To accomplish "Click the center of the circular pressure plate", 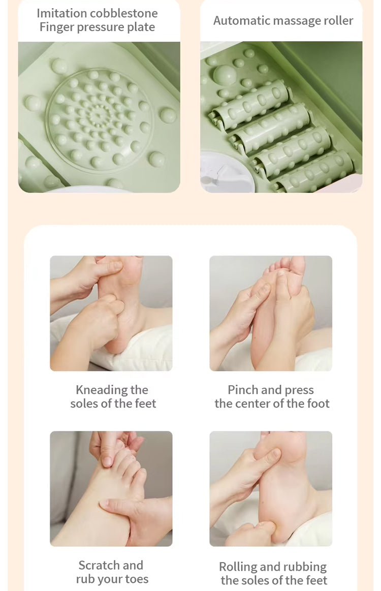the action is tap(98, 114).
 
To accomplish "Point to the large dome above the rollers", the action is tap(225, 75).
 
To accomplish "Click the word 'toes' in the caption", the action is tap(137, 579).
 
